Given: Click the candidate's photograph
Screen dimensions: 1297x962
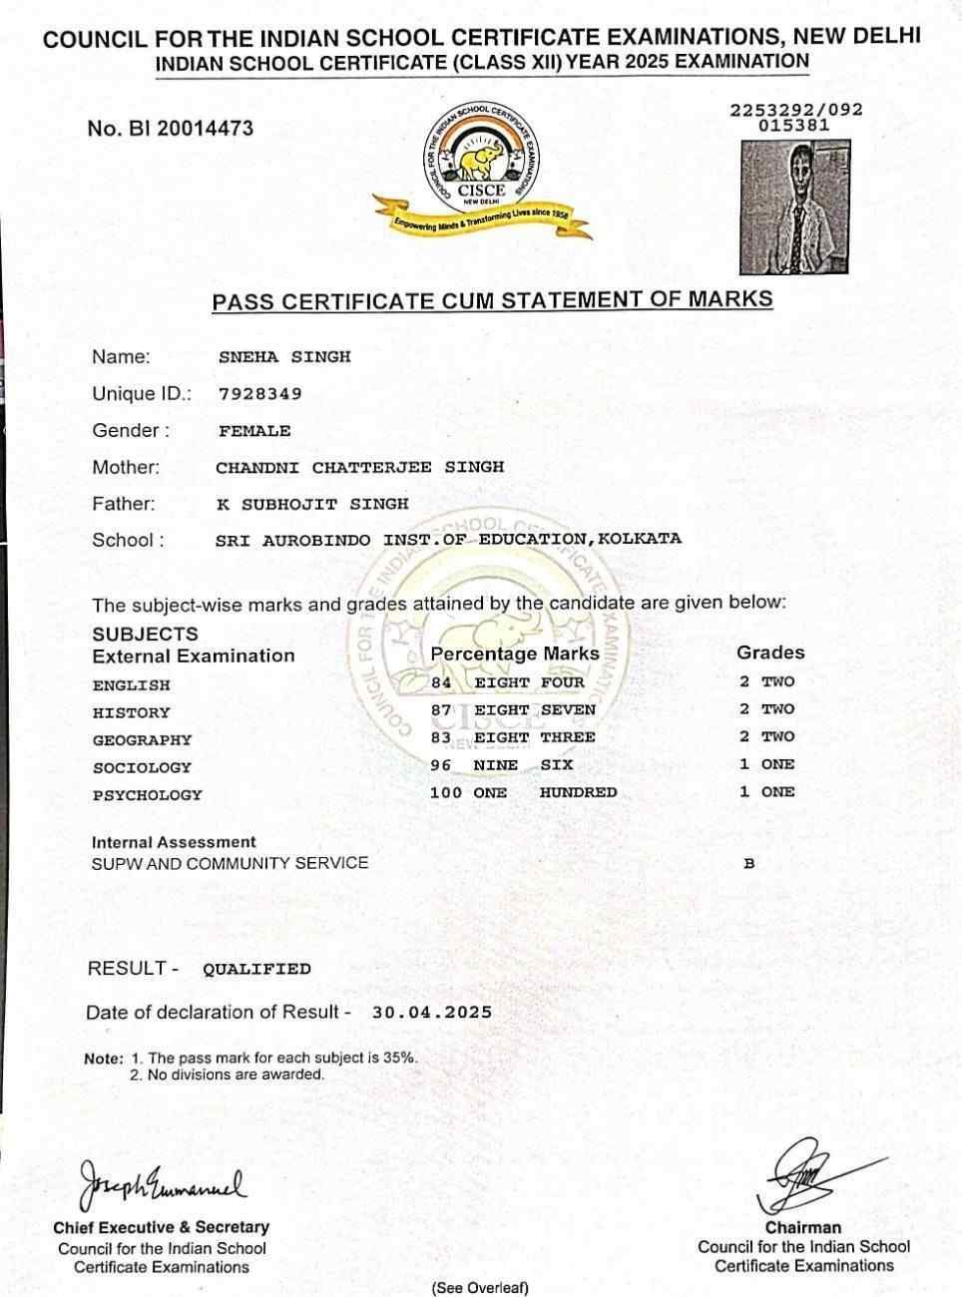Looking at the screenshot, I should pos(794,207).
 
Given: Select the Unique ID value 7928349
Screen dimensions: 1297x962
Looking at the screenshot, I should pos(259,394).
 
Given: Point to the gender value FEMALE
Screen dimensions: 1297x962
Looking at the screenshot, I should pos(254,431).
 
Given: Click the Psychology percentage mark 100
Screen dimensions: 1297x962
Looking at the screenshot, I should pos(445,792).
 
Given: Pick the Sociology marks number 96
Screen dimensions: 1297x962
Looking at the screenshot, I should pos(440,765).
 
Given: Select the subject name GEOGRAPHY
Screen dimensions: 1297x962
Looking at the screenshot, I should pos(141,740).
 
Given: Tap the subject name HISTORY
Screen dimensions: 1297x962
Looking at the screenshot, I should pos(131,712).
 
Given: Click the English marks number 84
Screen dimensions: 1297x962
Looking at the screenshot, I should pos(441,683).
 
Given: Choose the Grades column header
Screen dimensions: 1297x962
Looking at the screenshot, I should pos(769,652).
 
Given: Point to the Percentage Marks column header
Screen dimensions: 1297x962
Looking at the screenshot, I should pos(514,654).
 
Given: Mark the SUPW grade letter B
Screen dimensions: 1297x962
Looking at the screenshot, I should pos(749,864).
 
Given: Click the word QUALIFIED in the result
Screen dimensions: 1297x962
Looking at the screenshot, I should pos(256,969).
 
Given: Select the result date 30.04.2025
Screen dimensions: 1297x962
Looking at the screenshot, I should pos(431,1012).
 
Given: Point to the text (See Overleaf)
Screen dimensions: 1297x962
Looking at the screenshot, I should pos(480,1288).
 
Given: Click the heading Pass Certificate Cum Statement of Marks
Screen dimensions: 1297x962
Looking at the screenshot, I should pos(492,299).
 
